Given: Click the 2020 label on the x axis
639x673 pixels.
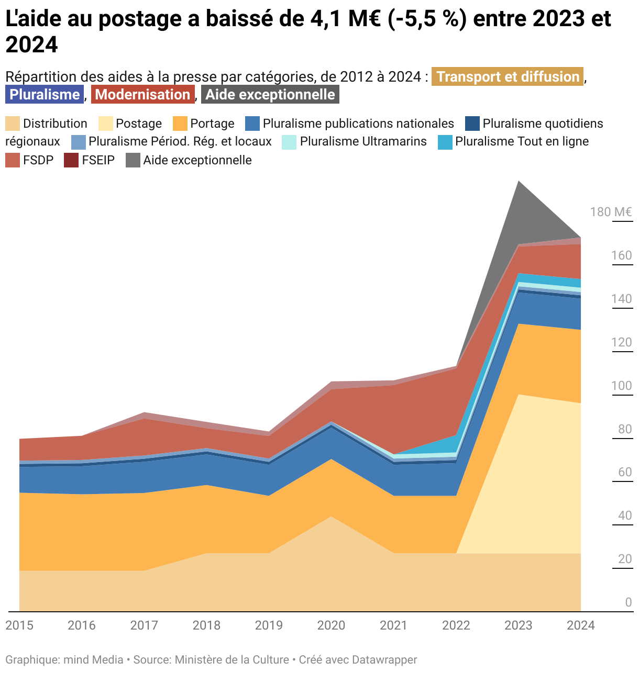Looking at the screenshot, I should coord(331,625).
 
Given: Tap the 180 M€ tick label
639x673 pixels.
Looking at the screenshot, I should coord(611,212).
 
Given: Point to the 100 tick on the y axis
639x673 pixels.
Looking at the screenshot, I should coord(621,386).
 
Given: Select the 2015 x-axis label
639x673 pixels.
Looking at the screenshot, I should coord(19,625).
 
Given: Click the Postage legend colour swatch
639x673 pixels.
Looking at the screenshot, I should coord(105,124).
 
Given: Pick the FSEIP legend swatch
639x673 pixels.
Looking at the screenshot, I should coord(71,160).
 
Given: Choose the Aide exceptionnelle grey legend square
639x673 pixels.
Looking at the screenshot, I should coord(133,160).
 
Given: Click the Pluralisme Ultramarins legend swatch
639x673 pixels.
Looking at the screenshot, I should coord(289,142).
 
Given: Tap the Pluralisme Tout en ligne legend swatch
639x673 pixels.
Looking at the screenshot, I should coord(445,142).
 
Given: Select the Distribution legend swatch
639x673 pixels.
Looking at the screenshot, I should coord(13,124).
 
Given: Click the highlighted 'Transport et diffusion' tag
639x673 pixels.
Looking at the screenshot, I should coord(507,77).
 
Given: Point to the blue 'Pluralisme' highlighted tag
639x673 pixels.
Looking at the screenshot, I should coord(45,95).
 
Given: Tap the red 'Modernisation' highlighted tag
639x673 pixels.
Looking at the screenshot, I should coord(142,95).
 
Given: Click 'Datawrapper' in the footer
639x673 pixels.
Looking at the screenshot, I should coord(384,660).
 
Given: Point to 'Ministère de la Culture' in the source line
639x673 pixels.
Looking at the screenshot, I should coord(232,660).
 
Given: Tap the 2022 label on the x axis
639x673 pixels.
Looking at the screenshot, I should coord(456,625).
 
